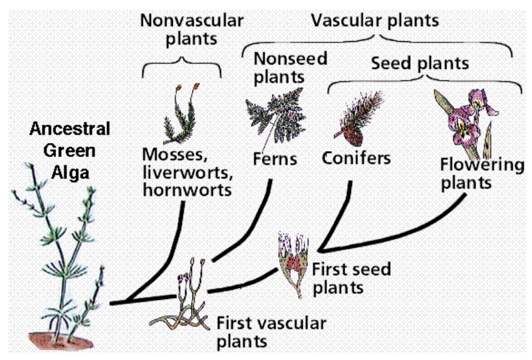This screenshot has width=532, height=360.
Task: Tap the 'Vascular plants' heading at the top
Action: [x=375, y=20]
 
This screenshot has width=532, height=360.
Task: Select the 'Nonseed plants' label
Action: [x=291, y=67]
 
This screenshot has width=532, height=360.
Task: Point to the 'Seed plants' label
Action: [x=420, y=64]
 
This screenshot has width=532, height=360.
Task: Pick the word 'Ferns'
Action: [x=275, y=159]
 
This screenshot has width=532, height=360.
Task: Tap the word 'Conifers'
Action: [x=356, y=158]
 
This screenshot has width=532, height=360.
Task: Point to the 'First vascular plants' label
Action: [x=271, y=333]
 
